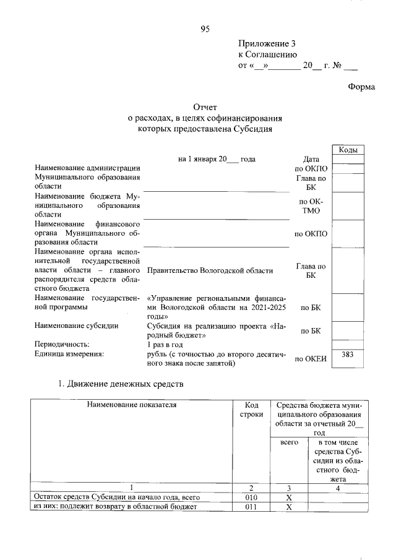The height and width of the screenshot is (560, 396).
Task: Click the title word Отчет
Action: [x=205, y=108]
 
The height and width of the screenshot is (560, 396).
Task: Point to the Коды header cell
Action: [x=347, y=150]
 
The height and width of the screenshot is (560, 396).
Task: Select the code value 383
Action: [x=347, y=355]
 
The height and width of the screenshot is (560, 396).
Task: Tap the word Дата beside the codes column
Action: [x=311, y=159]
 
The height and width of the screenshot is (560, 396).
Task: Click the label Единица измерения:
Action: [x=69, y=353]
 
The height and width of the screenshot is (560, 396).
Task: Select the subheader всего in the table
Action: [x=289, y=443]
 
